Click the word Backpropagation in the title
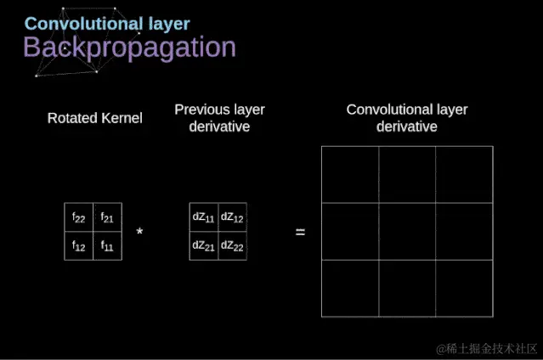(129, 48)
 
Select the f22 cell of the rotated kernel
(79, 217)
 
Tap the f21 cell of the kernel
(107, 217)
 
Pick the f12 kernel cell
(79, 245)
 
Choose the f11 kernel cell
(107, 245)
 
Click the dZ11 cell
(204, 217)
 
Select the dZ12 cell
(232, 217)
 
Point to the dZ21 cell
(204, 245)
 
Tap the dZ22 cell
(232, 245)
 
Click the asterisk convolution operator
(139, 232)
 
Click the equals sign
(300, 232)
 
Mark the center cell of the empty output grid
(407, 232)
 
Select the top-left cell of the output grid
(350, 175)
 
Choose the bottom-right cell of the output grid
(464, 289)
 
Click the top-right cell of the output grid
(464, 175)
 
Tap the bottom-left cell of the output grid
(350, 289)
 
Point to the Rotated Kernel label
(94, 118)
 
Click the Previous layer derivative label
(219, 118)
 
